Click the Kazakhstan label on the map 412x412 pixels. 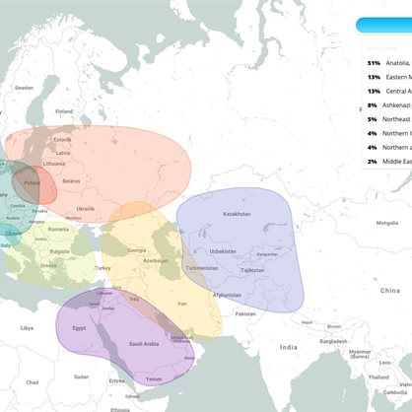237,214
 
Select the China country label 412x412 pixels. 391,291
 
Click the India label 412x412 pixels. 288,347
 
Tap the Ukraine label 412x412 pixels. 86,209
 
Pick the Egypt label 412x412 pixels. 80,327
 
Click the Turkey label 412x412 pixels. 103,267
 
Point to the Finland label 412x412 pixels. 65,111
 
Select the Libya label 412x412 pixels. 27,327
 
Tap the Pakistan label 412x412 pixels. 244,313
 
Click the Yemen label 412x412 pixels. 153,378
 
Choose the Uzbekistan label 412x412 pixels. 223,250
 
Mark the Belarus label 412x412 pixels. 71,180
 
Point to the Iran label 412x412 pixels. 181,305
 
